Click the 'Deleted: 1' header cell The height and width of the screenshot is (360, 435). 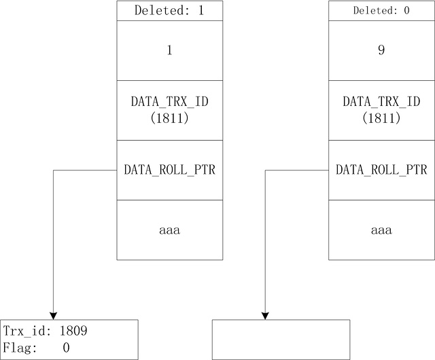click(170, 11)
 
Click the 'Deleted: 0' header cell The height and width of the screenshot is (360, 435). click(381, 11)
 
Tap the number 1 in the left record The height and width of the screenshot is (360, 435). click(169, 50)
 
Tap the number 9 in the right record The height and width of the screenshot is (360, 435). click(381, 50)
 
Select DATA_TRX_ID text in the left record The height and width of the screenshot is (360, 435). click(170, 101)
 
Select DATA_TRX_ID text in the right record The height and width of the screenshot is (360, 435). click(381, 101)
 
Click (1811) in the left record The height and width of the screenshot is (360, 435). click(170, 118)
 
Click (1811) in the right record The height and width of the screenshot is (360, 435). click(381, 118)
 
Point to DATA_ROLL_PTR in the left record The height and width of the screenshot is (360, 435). click(170, 170)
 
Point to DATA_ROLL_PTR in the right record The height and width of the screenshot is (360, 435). click(381, 170)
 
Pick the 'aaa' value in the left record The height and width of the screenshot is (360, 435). click(170, 230)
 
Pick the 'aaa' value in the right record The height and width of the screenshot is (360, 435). click(381, 230)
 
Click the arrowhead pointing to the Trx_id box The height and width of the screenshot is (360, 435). click(53, 316)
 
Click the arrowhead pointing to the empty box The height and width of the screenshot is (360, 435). click(265, 316)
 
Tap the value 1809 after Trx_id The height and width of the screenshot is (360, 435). click(73, 331)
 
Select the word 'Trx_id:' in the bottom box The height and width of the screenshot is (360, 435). click(27, 331)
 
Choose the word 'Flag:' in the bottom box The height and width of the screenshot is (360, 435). click(20, 348)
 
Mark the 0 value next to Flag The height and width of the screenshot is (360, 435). click(66, 348)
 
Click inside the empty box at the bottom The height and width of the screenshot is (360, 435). click(281, 340)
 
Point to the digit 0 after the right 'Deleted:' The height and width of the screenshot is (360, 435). click(406, 11)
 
